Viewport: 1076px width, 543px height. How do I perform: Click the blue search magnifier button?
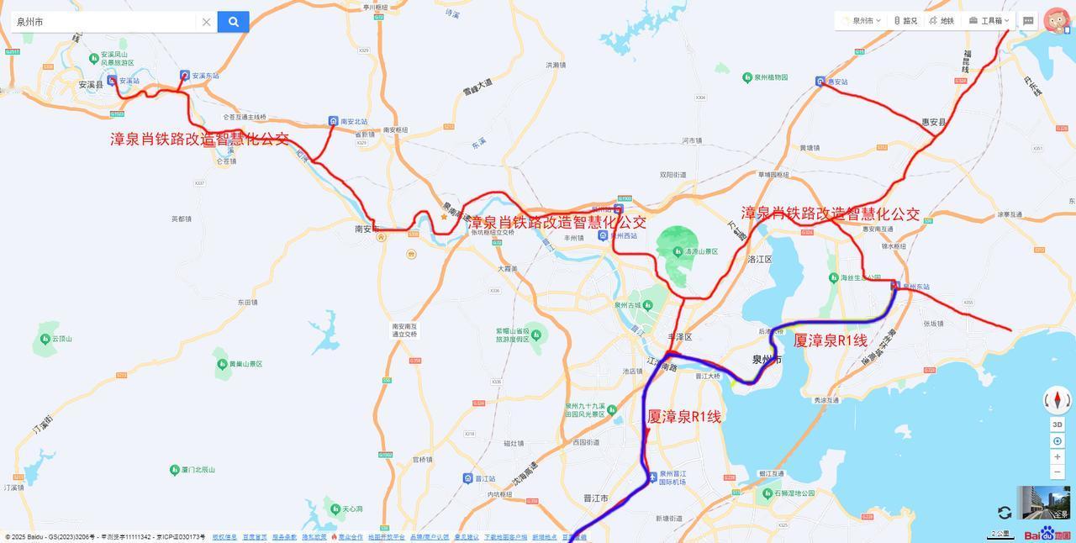233,22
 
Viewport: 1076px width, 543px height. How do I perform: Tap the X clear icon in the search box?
206,22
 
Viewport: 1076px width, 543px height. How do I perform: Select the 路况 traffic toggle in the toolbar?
905,21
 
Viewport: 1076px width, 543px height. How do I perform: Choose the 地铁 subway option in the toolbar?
941,21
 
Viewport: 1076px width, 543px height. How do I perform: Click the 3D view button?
1057,424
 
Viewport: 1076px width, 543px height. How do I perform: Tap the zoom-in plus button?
1057,456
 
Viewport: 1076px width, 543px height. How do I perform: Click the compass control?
1057,400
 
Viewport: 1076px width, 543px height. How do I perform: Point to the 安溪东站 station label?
205,76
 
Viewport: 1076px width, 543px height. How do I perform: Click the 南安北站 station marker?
334,122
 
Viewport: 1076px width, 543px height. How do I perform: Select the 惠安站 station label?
837,82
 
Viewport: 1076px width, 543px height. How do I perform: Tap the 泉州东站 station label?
916,287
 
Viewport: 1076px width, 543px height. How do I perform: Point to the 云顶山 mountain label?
61,339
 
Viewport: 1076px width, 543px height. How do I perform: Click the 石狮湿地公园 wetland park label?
794,493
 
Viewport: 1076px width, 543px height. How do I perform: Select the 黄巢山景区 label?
245,364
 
